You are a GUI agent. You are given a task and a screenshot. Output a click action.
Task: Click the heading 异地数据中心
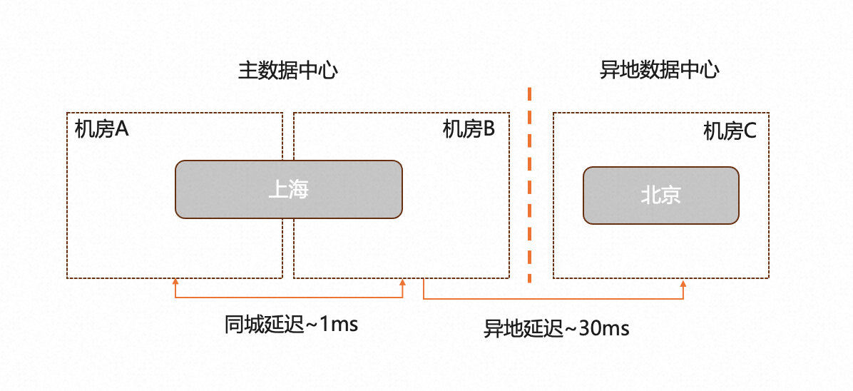(660, 70)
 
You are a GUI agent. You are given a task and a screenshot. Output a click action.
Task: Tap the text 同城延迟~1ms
(291, 324)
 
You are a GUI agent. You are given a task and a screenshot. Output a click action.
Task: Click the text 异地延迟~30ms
(556, 329)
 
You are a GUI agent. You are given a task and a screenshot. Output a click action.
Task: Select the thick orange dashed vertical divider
(529, 186)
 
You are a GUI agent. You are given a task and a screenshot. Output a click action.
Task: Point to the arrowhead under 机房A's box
(175, 283)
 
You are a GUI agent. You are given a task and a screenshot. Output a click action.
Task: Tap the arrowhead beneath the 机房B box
(403, 283)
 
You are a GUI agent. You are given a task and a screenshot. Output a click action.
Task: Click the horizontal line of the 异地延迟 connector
(553, 298)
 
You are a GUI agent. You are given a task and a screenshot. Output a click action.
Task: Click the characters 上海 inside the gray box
(288, 189)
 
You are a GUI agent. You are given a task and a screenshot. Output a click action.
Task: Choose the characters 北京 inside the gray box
(660, 195)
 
